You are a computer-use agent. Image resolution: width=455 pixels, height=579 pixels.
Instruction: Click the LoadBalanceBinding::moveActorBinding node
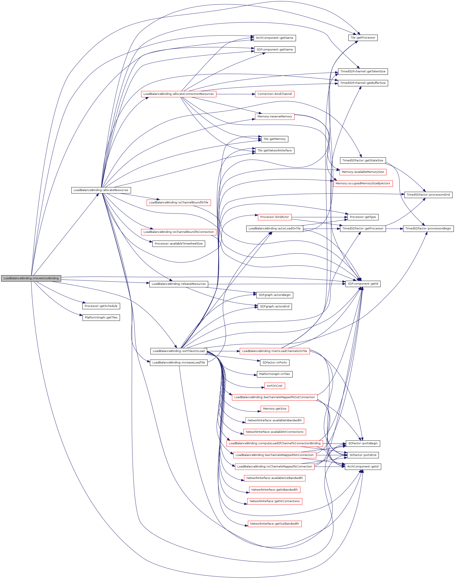[31, 278]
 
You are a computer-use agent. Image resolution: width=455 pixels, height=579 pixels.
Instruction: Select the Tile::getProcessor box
[363, 38]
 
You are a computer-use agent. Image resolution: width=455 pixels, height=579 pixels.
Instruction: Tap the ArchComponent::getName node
[274, 38]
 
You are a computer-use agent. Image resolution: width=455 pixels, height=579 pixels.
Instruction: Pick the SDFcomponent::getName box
[274, 50]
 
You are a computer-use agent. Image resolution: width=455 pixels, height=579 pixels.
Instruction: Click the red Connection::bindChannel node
[274, 94]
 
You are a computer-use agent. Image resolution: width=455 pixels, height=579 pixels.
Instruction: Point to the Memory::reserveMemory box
[274, 116]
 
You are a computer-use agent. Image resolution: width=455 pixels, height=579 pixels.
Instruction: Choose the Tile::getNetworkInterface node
[274, 151]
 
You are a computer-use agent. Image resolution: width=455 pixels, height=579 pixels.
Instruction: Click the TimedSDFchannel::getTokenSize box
[363, 71]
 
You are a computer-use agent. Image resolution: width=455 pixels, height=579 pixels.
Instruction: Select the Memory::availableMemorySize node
[363, 172]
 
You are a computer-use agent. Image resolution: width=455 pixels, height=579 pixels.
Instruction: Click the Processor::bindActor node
[274, 217]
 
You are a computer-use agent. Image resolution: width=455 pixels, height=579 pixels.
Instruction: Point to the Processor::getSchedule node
[101, 306]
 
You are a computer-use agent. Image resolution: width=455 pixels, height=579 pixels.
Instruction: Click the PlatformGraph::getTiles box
[101, 318]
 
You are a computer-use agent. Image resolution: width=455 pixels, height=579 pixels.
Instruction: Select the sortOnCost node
[274, 386]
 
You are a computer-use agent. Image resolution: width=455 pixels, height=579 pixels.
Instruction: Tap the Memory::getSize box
[274, 409]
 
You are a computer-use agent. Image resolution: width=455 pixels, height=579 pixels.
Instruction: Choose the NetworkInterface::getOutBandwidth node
[274, 524]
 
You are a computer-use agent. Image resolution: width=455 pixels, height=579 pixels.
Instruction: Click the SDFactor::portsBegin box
[363, 443]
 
